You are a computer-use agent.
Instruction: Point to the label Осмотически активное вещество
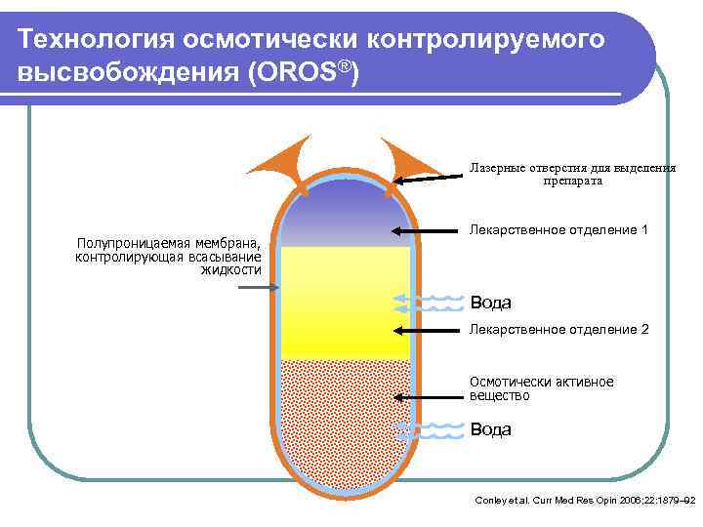pyautogui.click(x=541, y=388)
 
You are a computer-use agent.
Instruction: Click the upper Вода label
pyautogui.click(x=491, y=303)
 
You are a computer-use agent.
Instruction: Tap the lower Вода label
pyautogui.click(x=491, y=429)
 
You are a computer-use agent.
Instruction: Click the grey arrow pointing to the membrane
pyautogui.click(x=258, y=287)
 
